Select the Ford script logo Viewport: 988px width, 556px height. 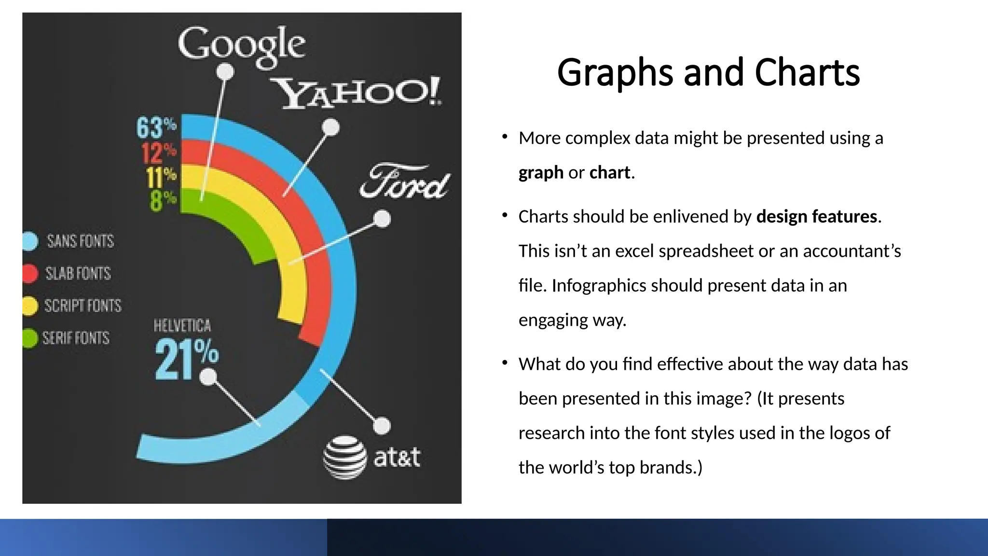405,181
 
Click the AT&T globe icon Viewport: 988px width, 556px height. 344,457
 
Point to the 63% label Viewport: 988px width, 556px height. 156,127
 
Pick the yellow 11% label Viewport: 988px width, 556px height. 161,177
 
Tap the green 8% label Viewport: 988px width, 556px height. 163,200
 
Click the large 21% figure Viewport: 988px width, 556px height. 187,359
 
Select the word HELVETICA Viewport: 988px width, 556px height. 182,326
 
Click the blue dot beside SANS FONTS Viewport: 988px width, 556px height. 30,241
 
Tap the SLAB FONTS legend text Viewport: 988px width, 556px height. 78,273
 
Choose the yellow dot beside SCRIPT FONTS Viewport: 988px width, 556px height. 30,306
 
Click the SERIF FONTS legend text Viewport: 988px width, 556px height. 76,338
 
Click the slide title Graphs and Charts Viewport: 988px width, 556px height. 708,73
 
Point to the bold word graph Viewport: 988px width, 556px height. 541,173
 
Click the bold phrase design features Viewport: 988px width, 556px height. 817,217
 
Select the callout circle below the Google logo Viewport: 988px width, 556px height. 225,72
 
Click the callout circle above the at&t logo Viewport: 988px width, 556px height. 382,426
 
